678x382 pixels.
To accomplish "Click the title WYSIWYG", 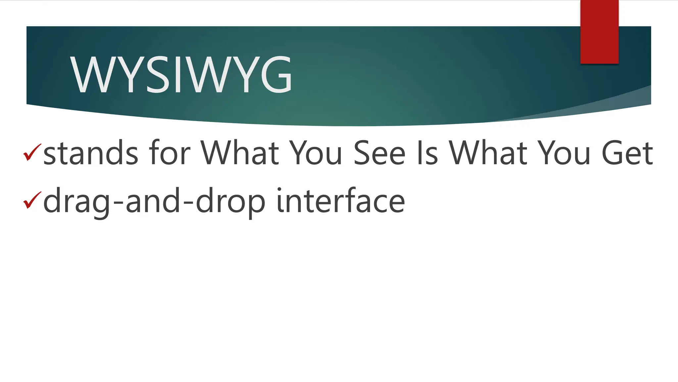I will pyautogui.click(x=181, y=75).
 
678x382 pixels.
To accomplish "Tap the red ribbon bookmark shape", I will pyautogui.click(x=599, y=32).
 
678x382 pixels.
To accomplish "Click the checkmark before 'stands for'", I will pyautogui.click(x=32, y=153).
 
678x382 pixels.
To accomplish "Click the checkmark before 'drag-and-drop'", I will pyautogui.click(x=32, y=200).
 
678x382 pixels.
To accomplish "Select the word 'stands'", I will pyautogui.click(x=90, y=153).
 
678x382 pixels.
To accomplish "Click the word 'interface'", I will pyautogui.click(x=341, y=200).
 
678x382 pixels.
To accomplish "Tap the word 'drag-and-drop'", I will pyautogui.click(x=154, y=201).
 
